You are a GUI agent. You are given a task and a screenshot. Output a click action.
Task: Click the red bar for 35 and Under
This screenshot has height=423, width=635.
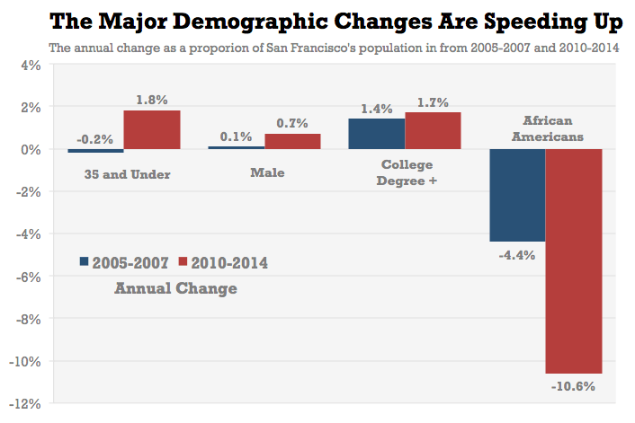(152, 129)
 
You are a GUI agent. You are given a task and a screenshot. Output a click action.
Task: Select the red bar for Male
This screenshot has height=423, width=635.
(292, 141)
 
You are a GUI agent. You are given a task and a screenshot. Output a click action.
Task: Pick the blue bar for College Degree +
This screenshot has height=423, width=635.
(377, 133)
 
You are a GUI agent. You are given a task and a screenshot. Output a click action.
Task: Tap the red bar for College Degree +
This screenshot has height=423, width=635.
(433, 130)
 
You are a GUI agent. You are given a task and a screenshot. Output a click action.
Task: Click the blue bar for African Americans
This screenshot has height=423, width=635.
(517, 195)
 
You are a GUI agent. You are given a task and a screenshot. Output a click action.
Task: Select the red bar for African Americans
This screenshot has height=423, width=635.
(573, 260)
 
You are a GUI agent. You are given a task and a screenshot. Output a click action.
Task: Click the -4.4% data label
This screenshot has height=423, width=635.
(516, 254)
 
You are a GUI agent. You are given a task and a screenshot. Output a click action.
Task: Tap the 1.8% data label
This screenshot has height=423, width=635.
(152, 101)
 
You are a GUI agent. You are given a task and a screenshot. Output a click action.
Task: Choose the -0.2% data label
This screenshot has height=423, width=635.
(94, 139)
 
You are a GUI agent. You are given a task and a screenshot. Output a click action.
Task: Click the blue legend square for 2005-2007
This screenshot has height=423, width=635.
(84, 262)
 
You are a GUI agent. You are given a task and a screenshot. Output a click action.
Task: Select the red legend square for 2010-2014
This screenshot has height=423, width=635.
(183, 262)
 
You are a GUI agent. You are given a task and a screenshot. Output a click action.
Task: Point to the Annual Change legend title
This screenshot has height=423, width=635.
(176, 288)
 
